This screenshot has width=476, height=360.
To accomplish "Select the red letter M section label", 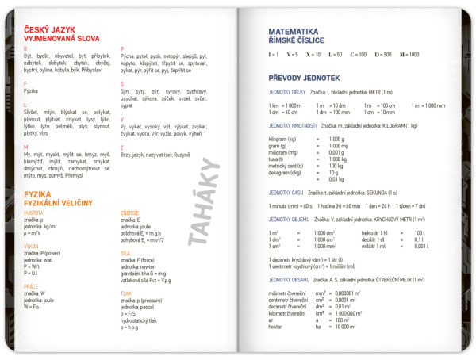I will (26, 147).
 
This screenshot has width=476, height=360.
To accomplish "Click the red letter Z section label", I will (122, 147).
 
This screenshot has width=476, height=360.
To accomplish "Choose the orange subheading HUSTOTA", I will (33, 213).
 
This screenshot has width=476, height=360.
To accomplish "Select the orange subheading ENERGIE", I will (130, 213).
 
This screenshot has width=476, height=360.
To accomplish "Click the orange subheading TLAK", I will (126, 293).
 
